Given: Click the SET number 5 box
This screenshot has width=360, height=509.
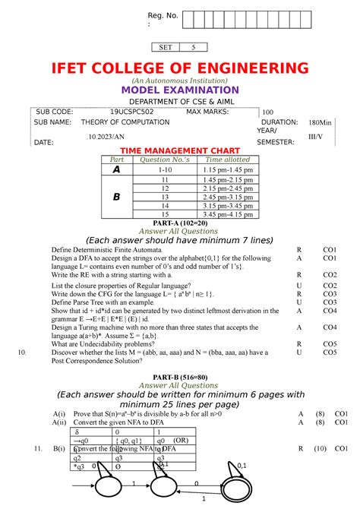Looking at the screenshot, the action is [193, 47].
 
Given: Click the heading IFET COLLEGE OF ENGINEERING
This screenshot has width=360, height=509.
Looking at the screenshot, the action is [180, 69].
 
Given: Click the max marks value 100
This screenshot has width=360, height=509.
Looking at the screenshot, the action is [267, 112].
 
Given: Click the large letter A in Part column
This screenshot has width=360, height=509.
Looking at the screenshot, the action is [117, 171].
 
